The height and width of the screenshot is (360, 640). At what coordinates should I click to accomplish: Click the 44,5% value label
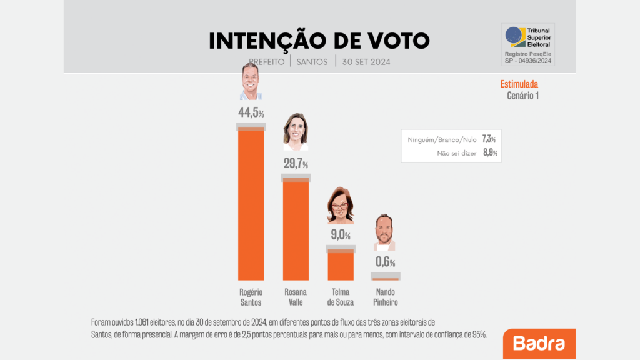pyautogui.click(x=251, y=113)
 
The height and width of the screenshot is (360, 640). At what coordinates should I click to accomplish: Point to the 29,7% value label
pyautogui.click(x=296, y=164)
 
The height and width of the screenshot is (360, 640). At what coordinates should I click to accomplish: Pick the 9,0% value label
pyautogui.click(x=339, y=236)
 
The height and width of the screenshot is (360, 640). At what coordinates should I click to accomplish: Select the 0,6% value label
pyautogui.click(x=385, y=262)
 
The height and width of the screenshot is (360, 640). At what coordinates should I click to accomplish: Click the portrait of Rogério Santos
pyautogui.click(x=251, y=82)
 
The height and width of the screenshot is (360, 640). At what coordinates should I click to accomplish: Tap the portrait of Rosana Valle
pyautogui.click(x=295, y=132)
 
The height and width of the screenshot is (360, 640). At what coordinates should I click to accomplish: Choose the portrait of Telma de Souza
pyautogui.click(x=341, y=205)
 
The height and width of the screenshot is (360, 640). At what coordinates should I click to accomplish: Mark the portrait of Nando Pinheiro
pyautogui.click(x=384, y=232)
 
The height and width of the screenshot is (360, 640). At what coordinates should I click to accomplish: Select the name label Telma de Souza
pyautogui.click(x=341, y=297)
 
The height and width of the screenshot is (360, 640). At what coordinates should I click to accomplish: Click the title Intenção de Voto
pyautogui.click(x=319, y=41)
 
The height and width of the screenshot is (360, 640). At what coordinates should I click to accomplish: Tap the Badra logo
pyautogui.click(x=539, y=344)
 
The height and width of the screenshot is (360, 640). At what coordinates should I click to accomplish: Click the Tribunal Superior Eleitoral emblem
pyautogui.click(x=516, y=37)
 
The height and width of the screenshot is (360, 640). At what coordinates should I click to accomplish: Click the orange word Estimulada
pyautogui.click(x=519, y=84)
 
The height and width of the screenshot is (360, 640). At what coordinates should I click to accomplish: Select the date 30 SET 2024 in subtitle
pyautogui.click(x=366, y=62)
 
